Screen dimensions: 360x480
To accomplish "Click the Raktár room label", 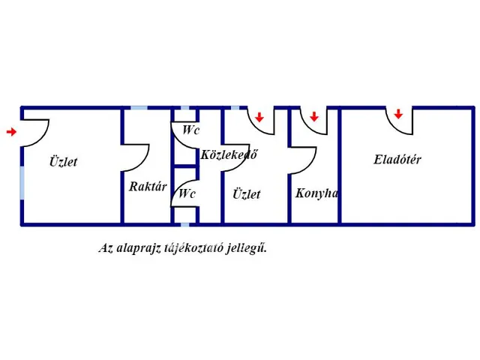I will coord(147,187).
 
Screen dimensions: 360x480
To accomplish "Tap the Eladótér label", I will coord(397,159).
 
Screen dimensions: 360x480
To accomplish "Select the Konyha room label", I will coord(316,193).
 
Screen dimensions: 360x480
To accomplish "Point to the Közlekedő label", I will coord(229,155).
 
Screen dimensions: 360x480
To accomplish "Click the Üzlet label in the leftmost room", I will coord(63,161).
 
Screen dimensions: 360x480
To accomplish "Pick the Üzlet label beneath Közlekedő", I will coord(246,193).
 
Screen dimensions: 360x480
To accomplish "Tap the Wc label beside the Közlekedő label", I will coord(191,130).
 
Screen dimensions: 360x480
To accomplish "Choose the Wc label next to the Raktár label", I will coord(187,193).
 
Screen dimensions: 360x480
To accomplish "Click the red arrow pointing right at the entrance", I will coord(11,132).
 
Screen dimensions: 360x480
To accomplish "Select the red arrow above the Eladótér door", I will coord(398,114).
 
